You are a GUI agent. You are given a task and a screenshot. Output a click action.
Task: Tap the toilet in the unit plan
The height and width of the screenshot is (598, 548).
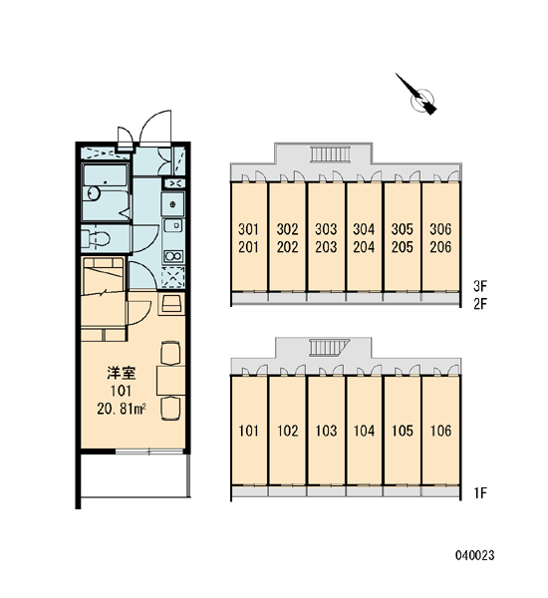pyautogui.click(x=96, y=239)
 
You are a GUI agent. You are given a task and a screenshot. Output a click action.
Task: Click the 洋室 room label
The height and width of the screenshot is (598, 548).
pyautogui.click(x=122, y=373)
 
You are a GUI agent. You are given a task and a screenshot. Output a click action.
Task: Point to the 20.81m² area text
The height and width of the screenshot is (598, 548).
pyautogui.click(x=122, y=409)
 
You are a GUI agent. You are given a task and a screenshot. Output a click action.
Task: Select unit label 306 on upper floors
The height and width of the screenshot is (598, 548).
pyautogui.click(x=440, y=229)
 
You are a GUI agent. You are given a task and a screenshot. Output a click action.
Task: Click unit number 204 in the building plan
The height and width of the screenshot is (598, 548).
pyautogui.click(x=364, y=247)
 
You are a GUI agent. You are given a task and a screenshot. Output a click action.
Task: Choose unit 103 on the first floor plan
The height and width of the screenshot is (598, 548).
pyautogui.click(x=326, y=431)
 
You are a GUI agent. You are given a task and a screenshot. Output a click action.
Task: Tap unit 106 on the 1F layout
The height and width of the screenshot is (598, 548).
pyautogui.click(x=440, y=431)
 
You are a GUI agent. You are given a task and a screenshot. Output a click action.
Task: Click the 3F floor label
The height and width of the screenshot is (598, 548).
pyautogui.click(x=480, y=286)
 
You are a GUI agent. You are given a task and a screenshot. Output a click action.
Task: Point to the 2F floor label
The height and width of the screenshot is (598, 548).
pyautogui.click(x=480, y=304)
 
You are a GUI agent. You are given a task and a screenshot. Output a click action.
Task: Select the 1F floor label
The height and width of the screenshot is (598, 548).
pyautogui.click(x=480, y=493)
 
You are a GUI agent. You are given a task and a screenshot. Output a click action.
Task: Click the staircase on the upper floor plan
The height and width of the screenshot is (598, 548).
pyautogui.click(x=330, y=154)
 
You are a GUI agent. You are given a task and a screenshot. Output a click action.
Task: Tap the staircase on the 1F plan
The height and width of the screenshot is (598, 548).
pyautogui.click(x=330, y=347)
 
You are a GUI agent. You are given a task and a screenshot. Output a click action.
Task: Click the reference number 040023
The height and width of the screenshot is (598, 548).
pyautogui.click(x=475, y=555)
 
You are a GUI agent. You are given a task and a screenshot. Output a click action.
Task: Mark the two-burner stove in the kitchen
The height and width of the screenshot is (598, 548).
pyautogui.click(x=173, y=256)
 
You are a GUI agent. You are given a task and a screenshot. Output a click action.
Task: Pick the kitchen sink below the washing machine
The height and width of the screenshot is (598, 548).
pyautogui.click(x=173, y=226)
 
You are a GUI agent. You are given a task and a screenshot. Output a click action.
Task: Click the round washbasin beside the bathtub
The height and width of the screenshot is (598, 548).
pyautogui.click(x=93, y=193)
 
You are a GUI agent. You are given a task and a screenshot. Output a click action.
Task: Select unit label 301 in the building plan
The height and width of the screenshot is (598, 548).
pyautogui.click(x=249, y=229)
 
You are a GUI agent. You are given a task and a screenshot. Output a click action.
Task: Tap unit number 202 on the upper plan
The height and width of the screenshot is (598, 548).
pyautogui.click(x=287, y=247)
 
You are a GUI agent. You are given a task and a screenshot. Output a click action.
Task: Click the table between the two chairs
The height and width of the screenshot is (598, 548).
pyautogui.click(x=170, y=381)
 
